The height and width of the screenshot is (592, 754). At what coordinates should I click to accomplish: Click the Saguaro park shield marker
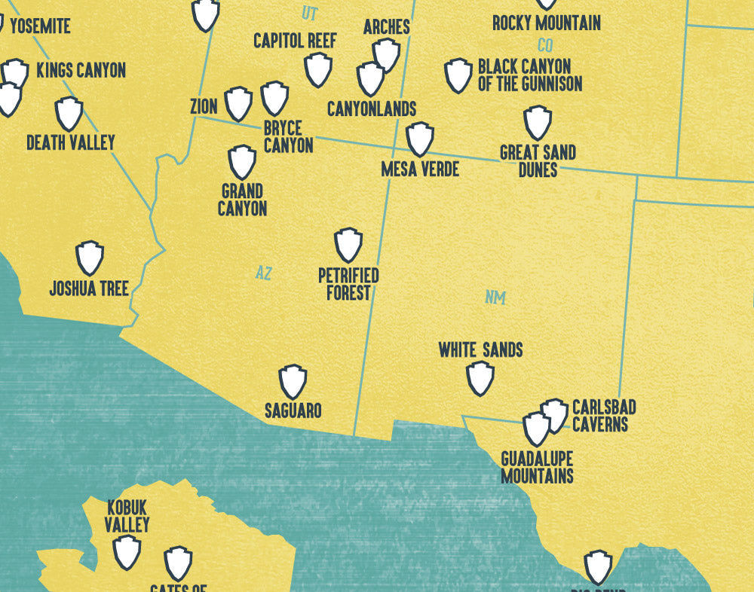[x=293, y=382]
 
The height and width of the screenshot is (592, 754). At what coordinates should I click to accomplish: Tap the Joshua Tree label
[x=89, y=288]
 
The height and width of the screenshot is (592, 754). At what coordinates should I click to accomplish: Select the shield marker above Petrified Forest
[x=348, y=245]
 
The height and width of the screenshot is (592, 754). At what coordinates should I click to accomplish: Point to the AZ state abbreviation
[x=263, y=273]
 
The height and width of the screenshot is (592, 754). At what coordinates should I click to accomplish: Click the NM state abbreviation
[x=495, y=298]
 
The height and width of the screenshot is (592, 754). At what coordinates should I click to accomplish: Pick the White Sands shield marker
[x=480, y=377]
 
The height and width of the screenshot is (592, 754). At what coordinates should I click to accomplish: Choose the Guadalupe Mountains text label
[x=537, y=468]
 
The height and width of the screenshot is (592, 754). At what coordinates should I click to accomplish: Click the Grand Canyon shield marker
[x=242, y=162]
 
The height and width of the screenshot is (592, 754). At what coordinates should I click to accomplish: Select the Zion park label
[x=204, y=107]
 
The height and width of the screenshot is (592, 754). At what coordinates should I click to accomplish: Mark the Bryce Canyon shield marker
[x=274, y=98]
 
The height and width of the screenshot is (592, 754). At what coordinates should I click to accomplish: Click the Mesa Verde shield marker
[x=419, y=139]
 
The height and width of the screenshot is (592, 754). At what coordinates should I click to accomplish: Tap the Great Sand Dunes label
[x=538, y=161]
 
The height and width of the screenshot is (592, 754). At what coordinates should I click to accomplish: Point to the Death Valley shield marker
[x=69, y=113]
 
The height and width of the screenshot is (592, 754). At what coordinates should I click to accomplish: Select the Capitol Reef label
[x=295, y=41]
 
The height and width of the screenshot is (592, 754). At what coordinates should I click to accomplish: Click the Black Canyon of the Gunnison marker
[x=458, y=75]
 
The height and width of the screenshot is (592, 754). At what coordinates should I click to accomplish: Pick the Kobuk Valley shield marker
[x=127, y=551]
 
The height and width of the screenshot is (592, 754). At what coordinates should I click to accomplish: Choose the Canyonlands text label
[x=372, y=109]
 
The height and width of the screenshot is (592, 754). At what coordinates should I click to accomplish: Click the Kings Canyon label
[x=81, y=71]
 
